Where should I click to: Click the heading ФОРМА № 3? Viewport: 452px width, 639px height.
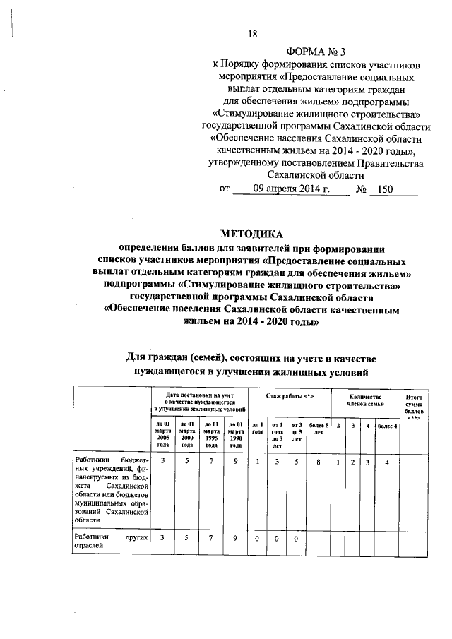click(315, 52)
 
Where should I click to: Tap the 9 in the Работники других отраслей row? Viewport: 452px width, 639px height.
click(234, 538)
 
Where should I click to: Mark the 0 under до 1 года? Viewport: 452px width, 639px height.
click(258, 538)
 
